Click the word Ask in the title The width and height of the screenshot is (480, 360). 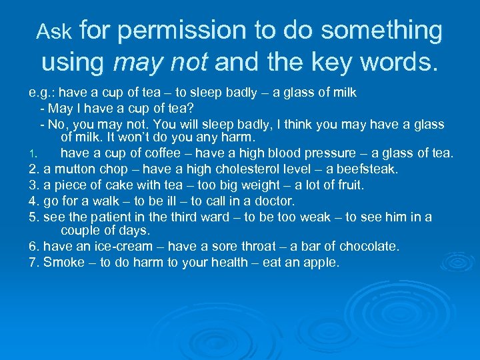click(55, 31)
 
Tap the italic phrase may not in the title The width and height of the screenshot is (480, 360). click(161, 63)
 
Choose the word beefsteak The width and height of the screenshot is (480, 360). click(367, 169)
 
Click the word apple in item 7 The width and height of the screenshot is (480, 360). click(321, 263)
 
